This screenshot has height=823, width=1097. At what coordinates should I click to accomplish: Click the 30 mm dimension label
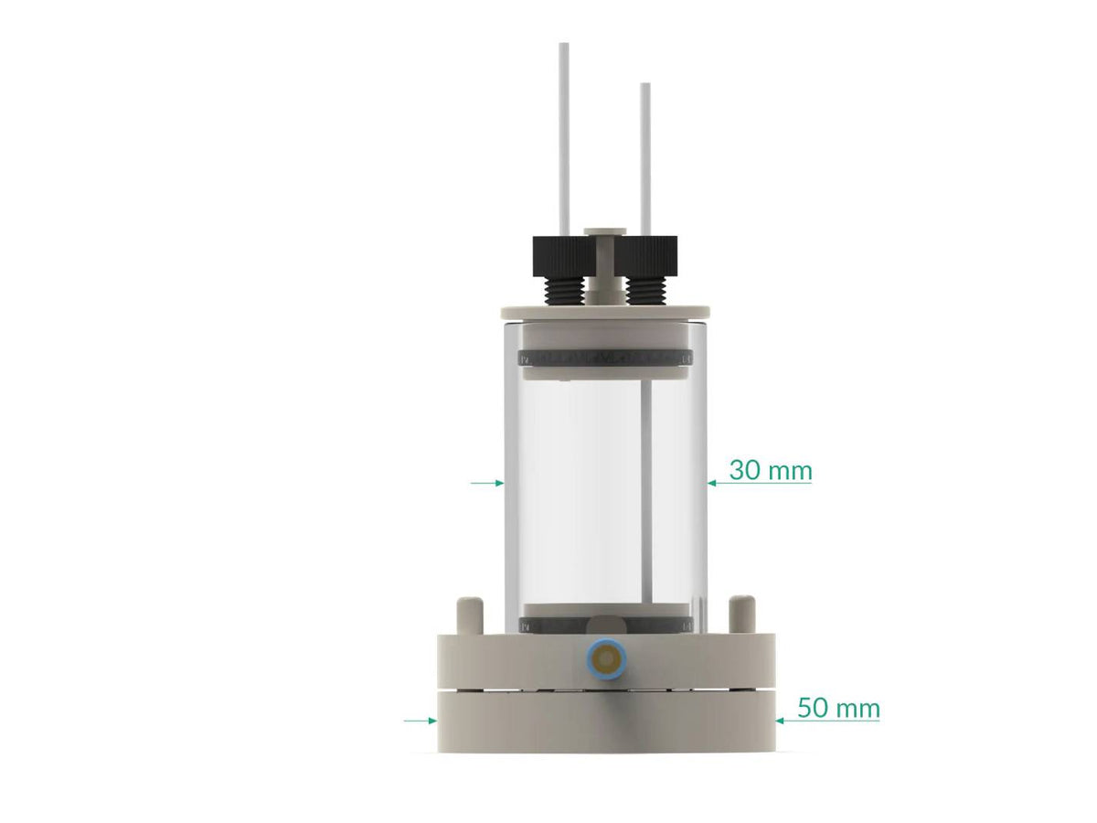coord(770,471)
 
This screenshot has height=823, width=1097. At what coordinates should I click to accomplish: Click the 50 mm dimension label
coord(838,708)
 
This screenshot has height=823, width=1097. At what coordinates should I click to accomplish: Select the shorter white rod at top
coord(645,155)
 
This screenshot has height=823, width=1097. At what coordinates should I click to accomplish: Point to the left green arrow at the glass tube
coord(486,482)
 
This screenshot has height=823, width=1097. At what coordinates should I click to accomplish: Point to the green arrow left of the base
coord(421,721)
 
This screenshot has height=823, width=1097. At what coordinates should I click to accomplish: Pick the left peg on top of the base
coord(469,613)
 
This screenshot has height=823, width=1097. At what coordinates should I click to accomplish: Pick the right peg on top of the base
coord(740,613)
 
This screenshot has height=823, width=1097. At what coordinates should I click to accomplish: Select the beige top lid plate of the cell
coord(605,311)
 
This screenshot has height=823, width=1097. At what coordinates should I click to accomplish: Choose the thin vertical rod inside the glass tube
coord(646,494)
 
